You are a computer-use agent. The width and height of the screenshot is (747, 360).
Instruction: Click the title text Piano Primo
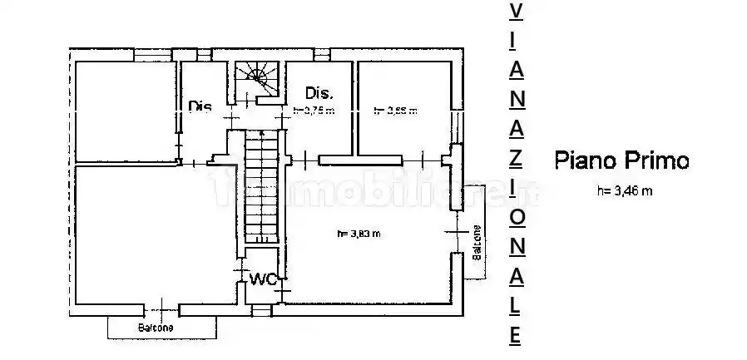(x=622, y=160)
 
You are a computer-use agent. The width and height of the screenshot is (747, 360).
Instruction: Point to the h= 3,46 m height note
(x=624, y=191)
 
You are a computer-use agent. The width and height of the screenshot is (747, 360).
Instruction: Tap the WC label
(x=263, y=279)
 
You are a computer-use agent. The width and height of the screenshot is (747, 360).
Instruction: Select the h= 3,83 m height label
(x=359, y=234)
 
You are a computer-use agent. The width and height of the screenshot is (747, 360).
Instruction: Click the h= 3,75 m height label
(x=314, y=111)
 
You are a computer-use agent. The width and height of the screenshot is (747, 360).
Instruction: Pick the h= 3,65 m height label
(x=394, y=110)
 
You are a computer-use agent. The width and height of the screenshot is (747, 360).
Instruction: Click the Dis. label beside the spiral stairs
(x=319, y=92)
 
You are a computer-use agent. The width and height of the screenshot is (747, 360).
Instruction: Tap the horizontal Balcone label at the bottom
(x=156, y=328)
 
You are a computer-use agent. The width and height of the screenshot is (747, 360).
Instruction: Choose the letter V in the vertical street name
(x=516, y=12)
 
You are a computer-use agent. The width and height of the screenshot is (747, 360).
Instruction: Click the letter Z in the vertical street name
(x=516, y=157)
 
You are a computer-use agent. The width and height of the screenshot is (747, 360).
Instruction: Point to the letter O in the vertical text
(x=516, y=216)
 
